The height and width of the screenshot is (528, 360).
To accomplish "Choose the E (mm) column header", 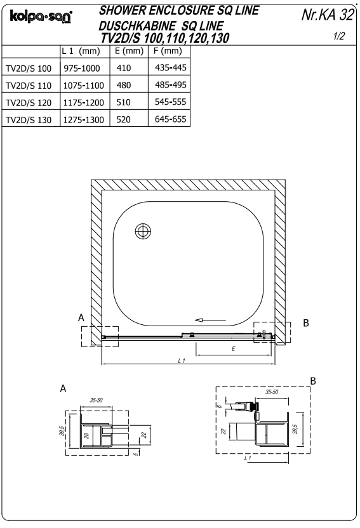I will (x=128, y=51).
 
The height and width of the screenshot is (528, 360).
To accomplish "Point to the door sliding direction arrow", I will (x=210, y=320).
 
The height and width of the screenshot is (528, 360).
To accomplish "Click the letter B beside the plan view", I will (x=306, y=323).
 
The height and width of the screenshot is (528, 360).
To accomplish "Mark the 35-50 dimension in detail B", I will (x=272, y=392).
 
